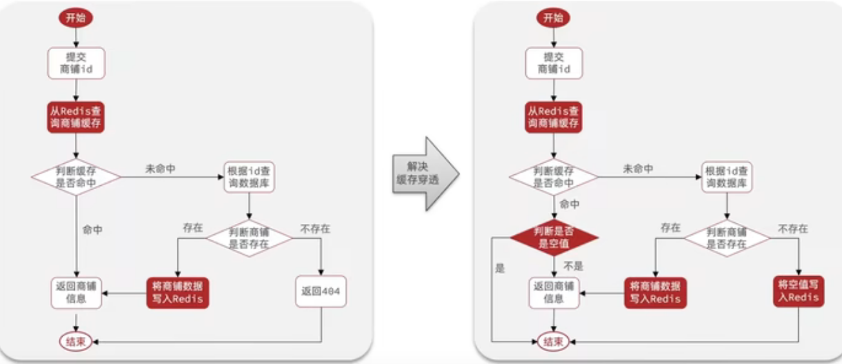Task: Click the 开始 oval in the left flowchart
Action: coord(75,18)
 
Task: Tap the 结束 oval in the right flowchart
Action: coord(554,341)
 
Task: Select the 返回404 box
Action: coord(321,292)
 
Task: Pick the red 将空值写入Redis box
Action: coord(799,291)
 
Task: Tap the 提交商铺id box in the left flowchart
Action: coord(76,63)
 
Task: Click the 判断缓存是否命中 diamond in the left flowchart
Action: coord(76,176)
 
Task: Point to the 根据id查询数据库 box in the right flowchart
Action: coord(727,176)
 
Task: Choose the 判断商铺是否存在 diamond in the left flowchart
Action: coord(248,238)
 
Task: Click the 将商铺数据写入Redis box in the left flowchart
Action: coord(179,293)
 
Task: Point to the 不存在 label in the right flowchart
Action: coord(792,228)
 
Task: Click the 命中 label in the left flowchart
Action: coord(92,229)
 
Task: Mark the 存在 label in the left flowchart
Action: coord(192,228)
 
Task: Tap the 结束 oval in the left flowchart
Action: coord(76,341)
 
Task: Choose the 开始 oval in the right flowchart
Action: coord(554,18)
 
